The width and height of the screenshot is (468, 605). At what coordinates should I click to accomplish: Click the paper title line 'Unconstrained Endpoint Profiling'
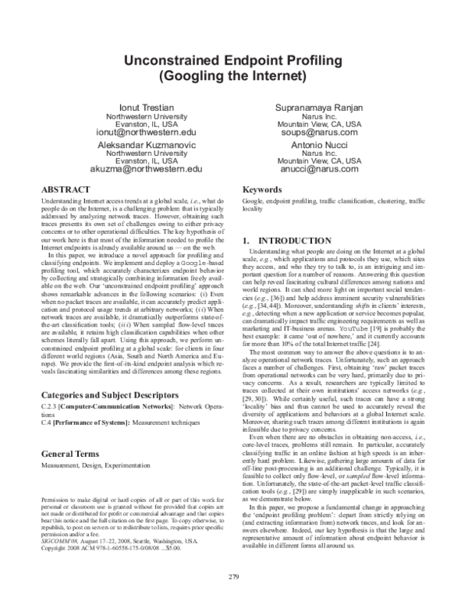coord(233,62)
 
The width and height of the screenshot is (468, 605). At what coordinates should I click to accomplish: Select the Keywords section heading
coord(261,190)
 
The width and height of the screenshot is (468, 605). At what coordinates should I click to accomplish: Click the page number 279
coord(233,598)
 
